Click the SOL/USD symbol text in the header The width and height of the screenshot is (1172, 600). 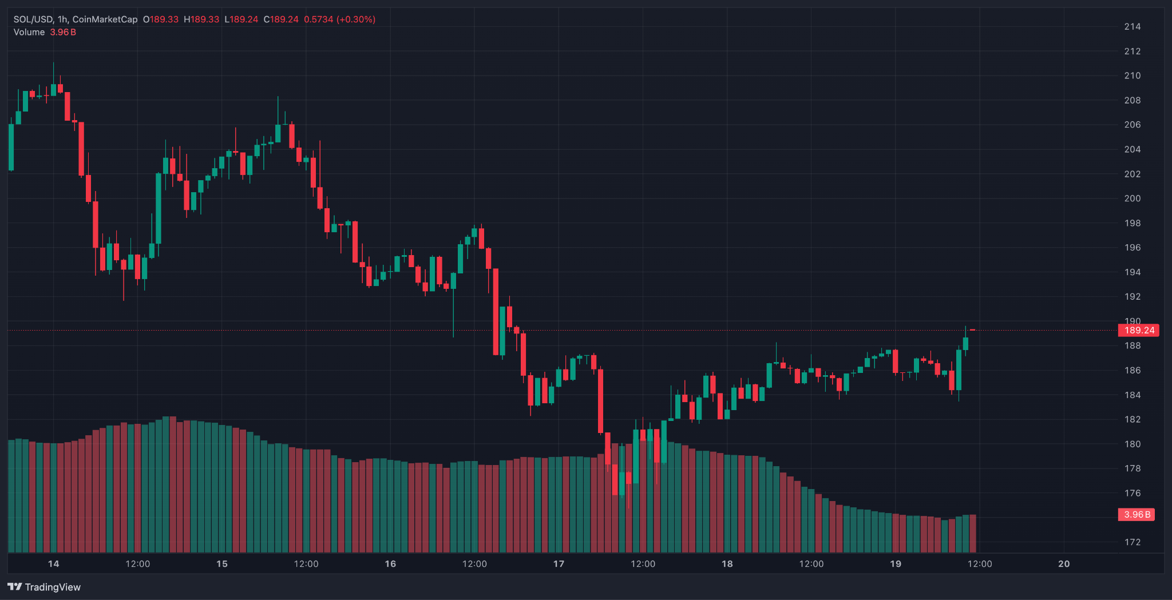[33, 19]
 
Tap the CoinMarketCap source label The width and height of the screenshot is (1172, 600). [105, 19]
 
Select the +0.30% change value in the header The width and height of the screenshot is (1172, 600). [356, 19]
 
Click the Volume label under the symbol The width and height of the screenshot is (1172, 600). [29, 32]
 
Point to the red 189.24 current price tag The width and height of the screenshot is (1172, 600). [1138, 330]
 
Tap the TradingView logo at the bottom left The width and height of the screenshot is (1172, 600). [44, 587]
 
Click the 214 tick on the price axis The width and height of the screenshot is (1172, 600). [1132, 26]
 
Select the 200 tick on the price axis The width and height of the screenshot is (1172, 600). [1132, 198]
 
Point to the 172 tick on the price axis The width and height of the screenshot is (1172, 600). [1132, 542]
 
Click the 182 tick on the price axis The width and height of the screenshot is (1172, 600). [1132, 419]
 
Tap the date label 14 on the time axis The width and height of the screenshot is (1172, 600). [53, 564]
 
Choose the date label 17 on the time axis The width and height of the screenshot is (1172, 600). [559, 564]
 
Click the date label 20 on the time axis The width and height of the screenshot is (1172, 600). [1064, 564]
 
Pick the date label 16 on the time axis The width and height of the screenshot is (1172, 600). [390, 564]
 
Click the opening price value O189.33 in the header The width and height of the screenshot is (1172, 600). [161, 19]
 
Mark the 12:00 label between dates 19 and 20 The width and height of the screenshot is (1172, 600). [980, 564]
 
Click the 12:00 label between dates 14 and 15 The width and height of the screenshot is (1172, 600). [138, 564]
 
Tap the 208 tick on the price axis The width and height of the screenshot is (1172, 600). [1132, 100]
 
